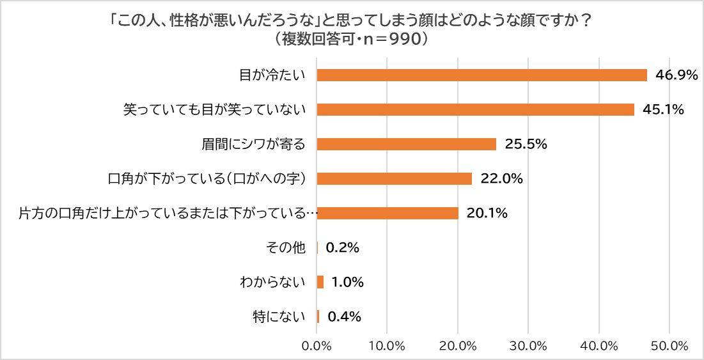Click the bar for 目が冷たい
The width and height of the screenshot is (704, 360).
tap(481, 75)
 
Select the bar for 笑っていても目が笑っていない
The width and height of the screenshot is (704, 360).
tap(475, 110)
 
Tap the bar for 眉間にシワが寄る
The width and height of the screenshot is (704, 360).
tap(406, 145)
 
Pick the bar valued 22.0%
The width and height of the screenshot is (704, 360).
tap(394, 179)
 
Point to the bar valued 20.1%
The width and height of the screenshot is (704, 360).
tap(387, 214)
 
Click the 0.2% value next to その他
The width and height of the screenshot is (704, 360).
tap(342, 248)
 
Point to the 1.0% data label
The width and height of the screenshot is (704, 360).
tap(347, 282)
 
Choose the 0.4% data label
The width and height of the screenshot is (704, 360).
tap(345, 317)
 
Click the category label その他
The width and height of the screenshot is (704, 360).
tap(291, 248)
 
